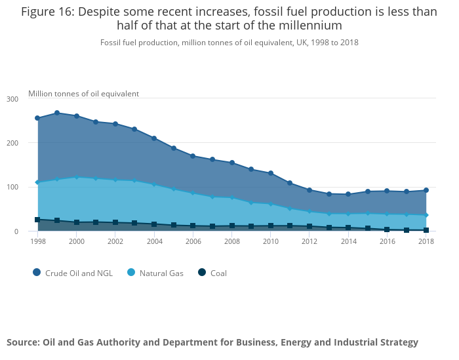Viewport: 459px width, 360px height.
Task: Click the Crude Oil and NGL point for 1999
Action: (57, 113)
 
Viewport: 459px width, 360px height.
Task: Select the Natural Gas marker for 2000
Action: (77, 177)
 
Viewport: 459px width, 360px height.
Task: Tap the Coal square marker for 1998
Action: (37, 220)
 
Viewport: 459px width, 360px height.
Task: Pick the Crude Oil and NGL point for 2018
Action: (426, 191)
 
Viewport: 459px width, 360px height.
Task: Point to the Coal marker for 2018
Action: (426, 230)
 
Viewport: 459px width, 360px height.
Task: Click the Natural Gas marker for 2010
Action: (271, 205)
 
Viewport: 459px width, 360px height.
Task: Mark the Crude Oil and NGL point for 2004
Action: (154, 138)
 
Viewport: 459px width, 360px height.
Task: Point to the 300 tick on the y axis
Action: (12, 99)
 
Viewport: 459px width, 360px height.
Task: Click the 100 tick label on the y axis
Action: (12, 188)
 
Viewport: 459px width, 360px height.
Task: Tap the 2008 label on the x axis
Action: (231, 241)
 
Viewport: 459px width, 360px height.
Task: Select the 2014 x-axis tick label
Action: (348, 241)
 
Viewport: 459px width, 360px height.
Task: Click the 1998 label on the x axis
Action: (37, 241)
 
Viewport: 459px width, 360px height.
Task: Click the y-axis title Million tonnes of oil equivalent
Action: (83, 94)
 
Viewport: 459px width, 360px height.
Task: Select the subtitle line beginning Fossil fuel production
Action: (229, 43)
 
